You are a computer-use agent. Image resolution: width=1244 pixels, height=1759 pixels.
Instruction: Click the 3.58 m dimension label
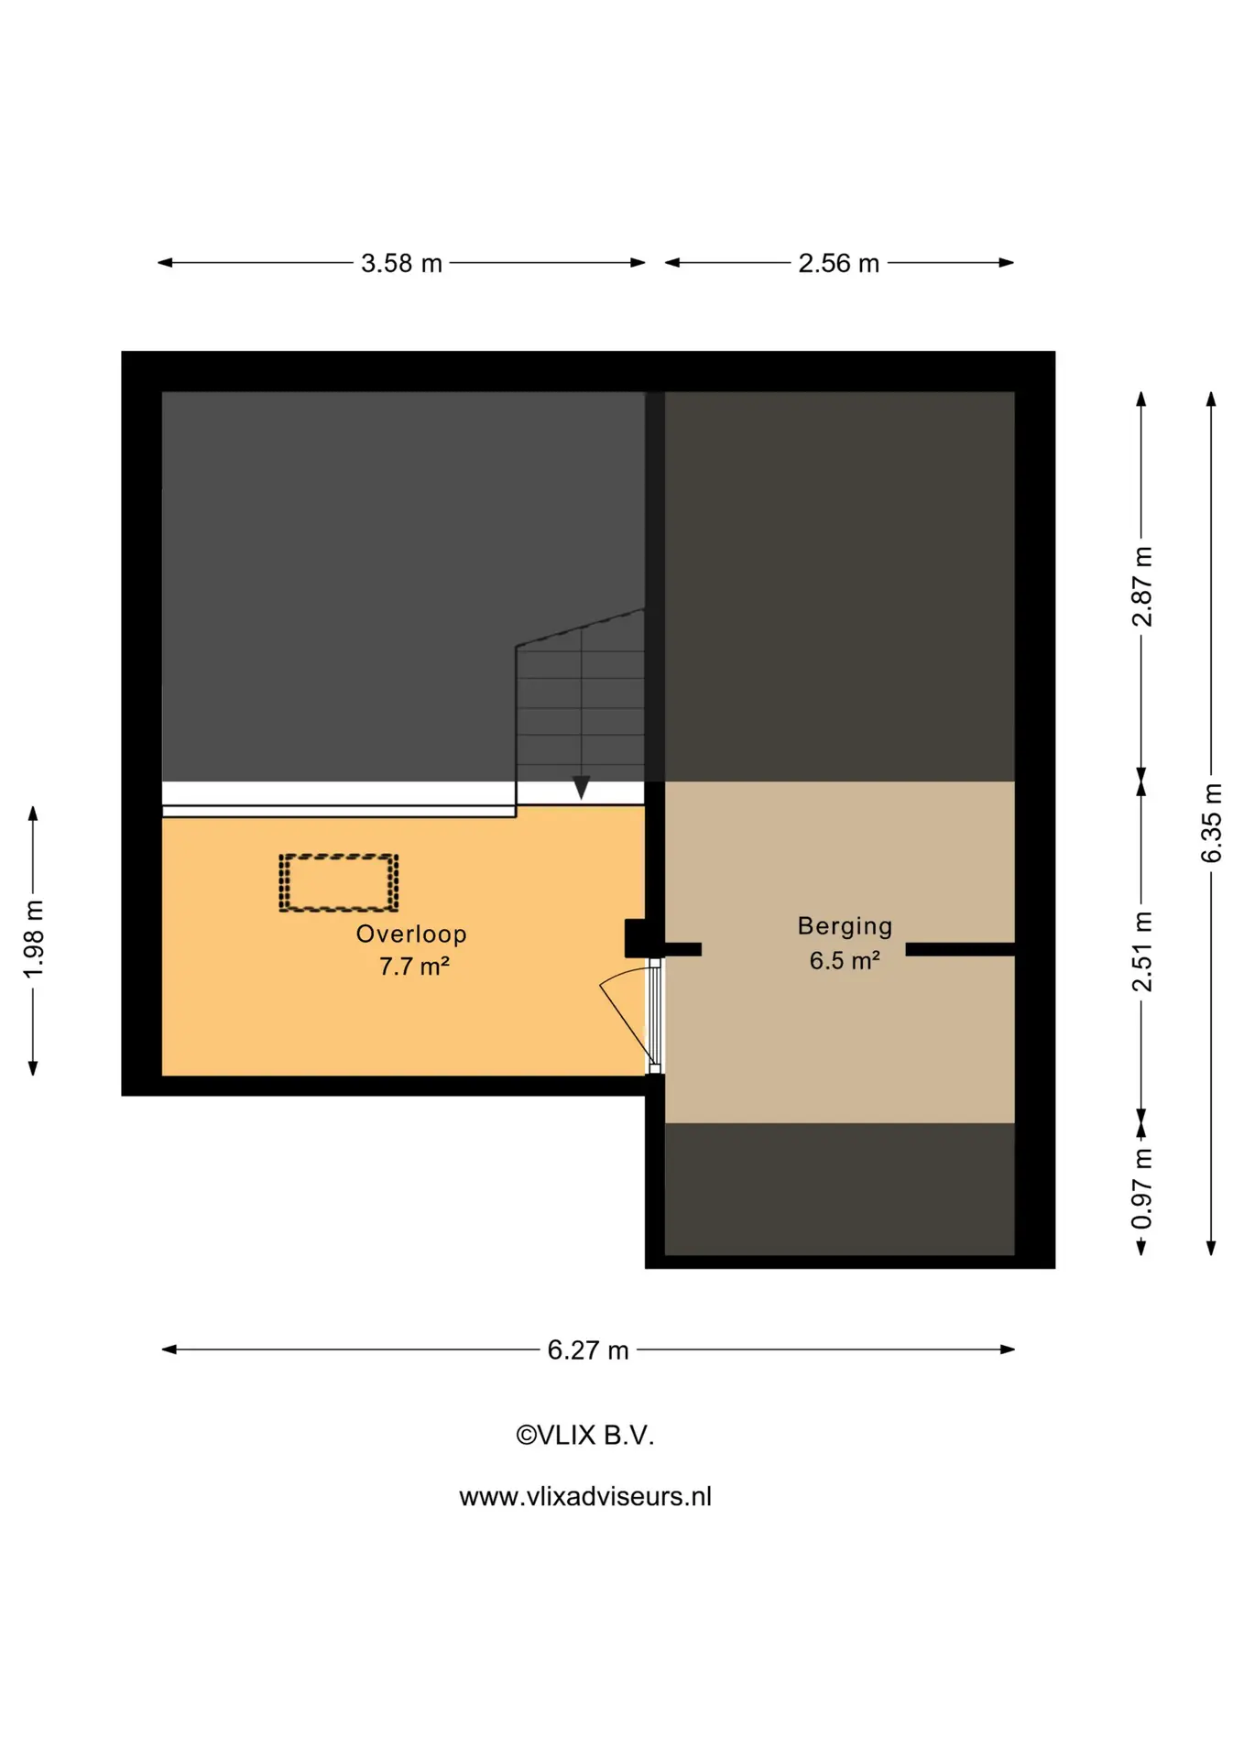(x=401, y=264)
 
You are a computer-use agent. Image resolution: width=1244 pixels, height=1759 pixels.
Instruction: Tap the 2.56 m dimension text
(x=838, y=264)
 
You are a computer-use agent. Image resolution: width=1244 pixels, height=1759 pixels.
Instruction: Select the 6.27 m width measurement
(x=588, y=1350)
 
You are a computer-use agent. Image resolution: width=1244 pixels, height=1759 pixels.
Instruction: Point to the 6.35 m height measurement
(x=1211, y=823)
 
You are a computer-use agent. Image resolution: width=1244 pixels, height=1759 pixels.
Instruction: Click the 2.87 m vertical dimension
(x=1142, y=586)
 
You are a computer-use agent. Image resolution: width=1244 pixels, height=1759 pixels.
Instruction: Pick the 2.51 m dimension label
(x=1142, y=951)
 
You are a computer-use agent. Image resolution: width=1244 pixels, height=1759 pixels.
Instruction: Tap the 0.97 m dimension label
(x=1142, y=1188)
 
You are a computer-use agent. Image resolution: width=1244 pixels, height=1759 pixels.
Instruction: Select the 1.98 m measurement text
(x=34, y=939)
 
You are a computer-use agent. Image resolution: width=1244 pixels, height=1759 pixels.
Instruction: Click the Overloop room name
(x=411, y=934)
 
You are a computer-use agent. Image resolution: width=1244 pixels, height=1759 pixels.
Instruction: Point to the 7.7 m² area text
(x=414, y=967)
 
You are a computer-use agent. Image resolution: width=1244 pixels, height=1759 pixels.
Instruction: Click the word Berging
(x=845, y=927)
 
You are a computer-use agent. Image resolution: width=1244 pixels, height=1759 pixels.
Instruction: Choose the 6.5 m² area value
(x=845, y=960)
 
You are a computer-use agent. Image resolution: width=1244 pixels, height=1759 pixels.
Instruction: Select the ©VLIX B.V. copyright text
(x=585, y=1436)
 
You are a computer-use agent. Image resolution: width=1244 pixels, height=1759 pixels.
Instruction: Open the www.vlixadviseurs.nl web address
(x=585, y=1497)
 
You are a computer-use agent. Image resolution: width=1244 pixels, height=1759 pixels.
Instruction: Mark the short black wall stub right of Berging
(x=960, y=950)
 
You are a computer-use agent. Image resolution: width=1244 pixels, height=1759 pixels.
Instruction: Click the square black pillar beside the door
(x=636, y=939)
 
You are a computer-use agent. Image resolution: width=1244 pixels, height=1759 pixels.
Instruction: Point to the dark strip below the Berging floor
(x=839, y=1189)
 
